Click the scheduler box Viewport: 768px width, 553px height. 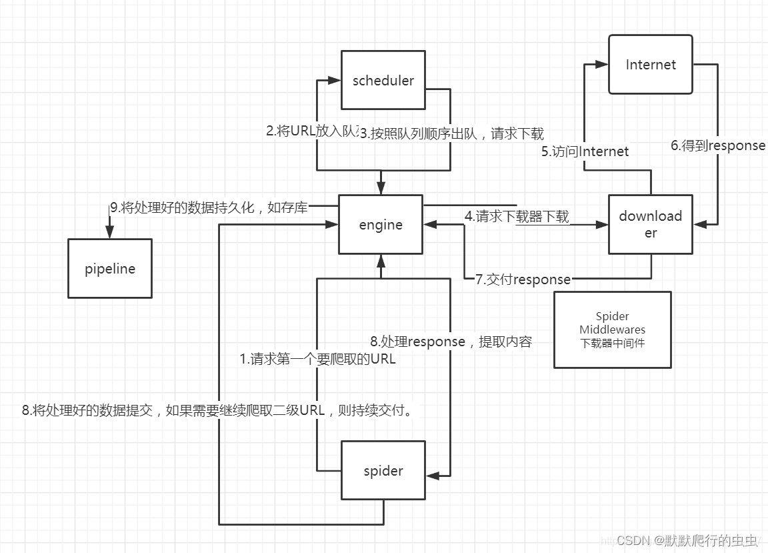pyautogui.click(x=383, y=80)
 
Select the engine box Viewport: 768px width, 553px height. pyautogui.click(x=381, y=225)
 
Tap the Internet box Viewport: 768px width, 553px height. pyautogui.click(x=651, y=65)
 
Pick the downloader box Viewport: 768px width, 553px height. pyautogui.click(x=651, y=224)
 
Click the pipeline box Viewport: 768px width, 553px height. pyautogui.click(x=110, y=269)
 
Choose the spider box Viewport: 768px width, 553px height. pyautogui.click(x=383, y=471)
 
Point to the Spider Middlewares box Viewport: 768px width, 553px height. pyautogui.click(x=613, y=330)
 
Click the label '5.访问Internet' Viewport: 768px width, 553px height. pyautogui.click(x=585, y=151)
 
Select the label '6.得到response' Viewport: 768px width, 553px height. pyautogui.click(x=718, y=145)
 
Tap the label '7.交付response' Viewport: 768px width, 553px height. pyautogui.click(x=523, y=280)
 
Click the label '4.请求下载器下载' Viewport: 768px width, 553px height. pyautogui.click(x=517, y=216)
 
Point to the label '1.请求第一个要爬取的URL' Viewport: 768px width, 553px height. pyautogui.click(x=318, y=359)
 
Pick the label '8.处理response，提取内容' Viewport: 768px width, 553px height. pyautogui.click(x=451, y=342)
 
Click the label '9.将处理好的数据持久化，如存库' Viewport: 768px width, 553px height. pyautogui.click(x=209, y=207)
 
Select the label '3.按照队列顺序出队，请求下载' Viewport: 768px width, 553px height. pyautogui.click(x=452, y=133)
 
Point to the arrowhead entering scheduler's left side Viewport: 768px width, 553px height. pyautogui.click(x=335, y=81)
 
